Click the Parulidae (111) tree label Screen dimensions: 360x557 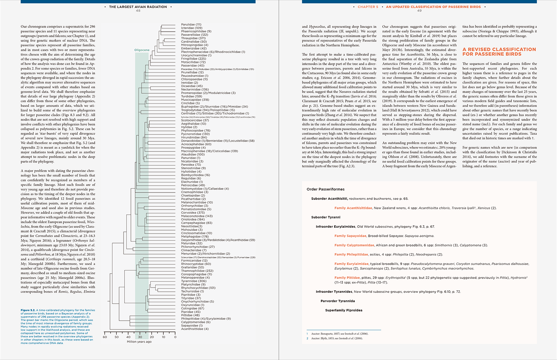[191, 25]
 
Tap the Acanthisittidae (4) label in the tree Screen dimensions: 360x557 [195, 329]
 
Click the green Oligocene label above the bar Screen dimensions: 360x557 [142, 50]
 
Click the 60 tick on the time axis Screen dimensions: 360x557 [105, 337]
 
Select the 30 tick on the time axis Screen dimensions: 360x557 [140, 337]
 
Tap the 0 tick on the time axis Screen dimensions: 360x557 [175, 337]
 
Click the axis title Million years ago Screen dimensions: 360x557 [139, 342]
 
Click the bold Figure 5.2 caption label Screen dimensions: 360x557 [28, 310]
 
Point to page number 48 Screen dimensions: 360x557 [138, 11]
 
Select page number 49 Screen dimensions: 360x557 [419, 11]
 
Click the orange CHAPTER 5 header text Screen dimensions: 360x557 [368, 7]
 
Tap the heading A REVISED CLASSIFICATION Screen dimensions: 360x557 [499, 49]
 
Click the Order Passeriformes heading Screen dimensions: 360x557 [325, 189]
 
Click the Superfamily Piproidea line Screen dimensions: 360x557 [344, 310]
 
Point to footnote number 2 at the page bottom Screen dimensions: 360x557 [307, 338]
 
